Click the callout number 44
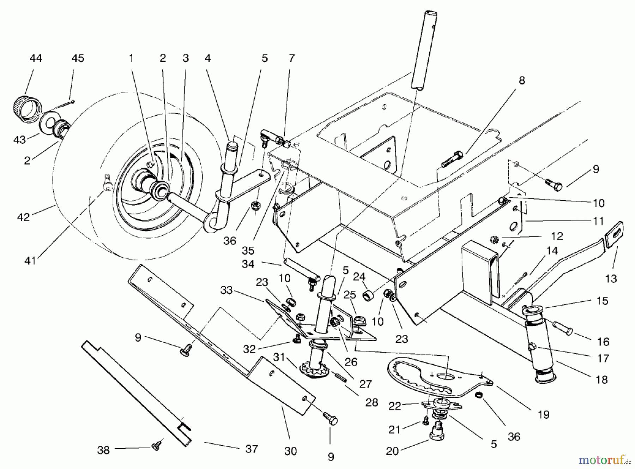coord(36,58)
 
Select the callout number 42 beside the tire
coord(24,217)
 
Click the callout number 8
coord(522,80)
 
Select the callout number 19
coord(544,414)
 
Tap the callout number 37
coord(252,449)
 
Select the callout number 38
coord(103,450)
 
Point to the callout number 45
coord(78,58)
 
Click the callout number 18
coord(602,380)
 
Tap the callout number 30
coord(291,451)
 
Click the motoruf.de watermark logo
coord(605,460)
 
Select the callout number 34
coord(248,264)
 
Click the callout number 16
coord(603,342)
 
